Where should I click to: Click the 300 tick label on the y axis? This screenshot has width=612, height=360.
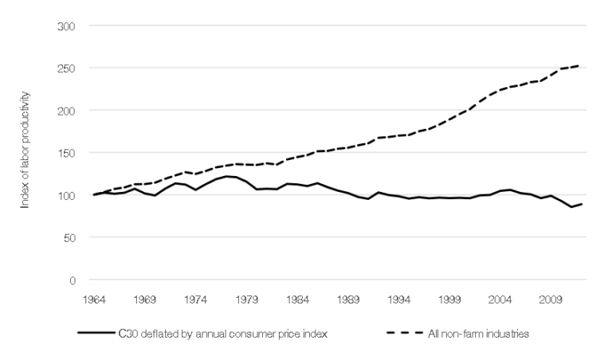(68, 26)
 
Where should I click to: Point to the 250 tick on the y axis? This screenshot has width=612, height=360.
(68, 68)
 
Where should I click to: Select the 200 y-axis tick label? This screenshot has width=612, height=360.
(68, 111)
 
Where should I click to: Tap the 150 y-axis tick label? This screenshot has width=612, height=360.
(68, 153)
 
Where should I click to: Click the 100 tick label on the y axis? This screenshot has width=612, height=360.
(68, 195)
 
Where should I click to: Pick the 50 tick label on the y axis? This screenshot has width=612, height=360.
(69, 237)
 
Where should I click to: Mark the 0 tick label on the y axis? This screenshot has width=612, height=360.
(73, 280)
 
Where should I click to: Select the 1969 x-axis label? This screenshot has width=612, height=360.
(144, 301)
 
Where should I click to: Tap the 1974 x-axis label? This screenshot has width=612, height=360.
(196, 301)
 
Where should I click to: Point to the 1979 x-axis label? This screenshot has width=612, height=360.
(247, 301)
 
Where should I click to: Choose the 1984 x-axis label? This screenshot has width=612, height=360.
(298, 301)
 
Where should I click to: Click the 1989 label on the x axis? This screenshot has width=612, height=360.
(349, 301)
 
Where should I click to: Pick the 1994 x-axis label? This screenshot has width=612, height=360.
(400, 301)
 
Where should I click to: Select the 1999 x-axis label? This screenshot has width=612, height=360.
(451, 301)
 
